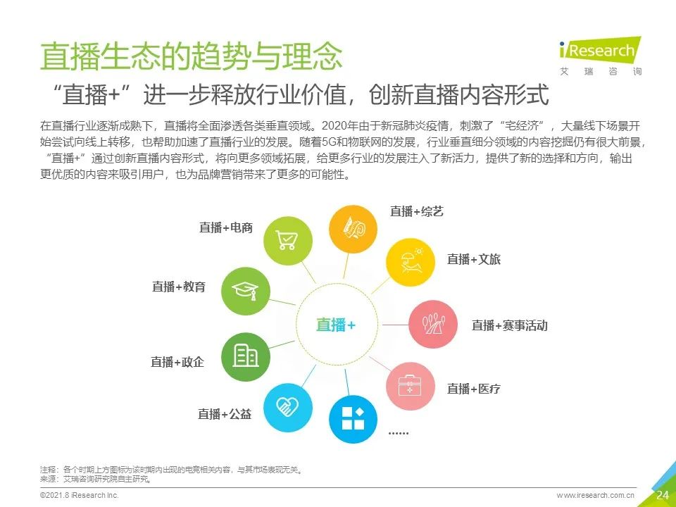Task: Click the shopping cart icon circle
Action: [287, 241]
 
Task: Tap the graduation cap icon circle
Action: [245, 291]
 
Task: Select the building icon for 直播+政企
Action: [245, 356]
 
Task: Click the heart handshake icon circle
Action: [287, 408]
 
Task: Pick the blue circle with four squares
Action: [353, 419]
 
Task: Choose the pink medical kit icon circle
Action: [410, 386]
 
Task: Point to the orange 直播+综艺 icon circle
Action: [353, 229]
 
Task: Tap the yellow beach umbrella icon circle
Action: [410, 262]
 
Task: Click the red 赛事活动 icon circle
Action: [433, 324]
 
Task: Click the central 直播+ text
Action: [336, 325]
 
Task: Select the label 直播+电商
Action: [226, 227]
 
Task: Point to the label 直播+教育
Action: [178, 287]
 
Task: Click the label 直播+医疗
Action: [474, 389]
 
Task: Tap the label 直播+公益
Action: [225, 414]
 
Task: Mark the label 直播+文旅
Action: [474, 259]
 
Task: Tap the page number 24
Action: [663, 495]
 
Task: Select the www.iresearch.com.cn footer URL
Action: [596, 495]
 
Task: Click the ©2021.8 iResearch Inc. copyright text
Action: [80, 495]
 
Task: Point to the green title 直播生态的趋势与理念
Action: [192, 56]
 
